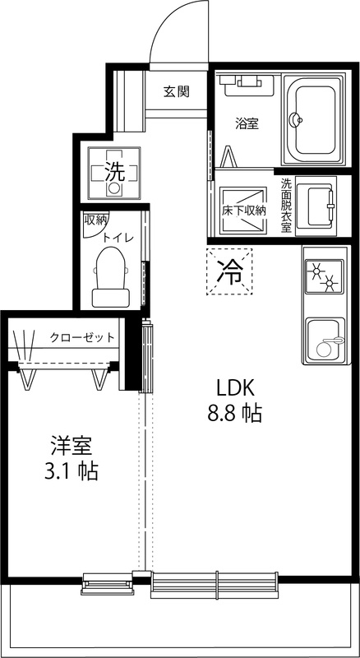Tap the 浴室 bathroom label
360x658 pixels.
tap(247, 124)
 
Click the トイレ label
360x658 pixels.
tap(118, 237)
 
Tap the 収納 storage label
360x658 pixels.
tap(95, 220)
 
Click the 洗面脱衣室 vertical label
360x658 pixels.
tap(286, 206)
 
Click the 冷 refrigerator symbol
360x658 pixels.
tap(229, 271)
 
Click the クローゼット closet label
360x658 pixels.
tap(81, 336)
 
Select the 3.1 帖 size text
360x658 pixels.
tap(70, 472)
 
